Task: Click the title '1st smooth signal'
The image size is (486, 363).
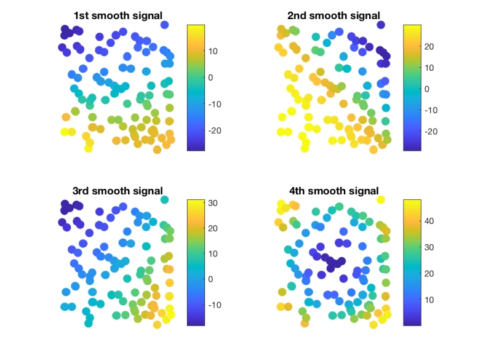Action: [118, 15]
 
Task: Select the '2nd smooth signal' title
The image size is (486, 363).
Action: [333, 15]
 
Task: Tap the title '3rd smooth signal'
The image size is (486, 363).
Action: [118, 191]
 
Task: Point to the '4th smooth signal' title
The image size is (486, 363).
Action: [333, 191]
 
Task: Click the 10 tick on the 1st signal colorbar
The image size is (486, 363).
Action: [212, 50]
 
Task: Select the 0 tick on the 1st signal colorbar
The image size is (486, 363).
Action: [211, 78]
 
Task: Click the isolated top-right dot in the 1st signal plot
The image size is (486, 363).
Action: [165, 25]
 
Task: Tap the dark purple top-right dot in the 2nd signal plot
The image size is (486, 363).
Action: [381, 25]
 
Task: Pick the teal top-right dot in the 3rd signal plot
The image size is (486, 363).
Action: [165, 199]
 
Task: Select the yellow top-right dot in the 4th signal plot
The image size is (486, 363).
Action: [381, 199]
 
